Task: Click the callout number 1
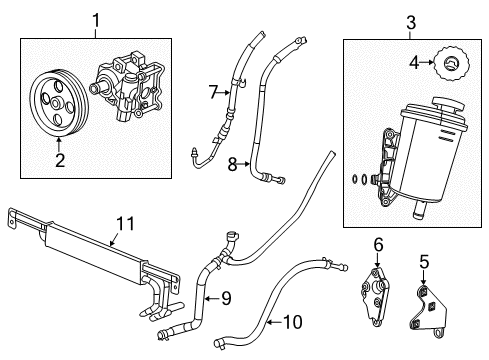[97, 18]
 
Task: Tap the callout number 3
[383, 22]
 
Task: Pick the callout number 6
[377, 245]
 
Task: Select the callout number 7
[211, 93]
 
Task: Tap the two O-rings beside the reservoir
[360, 181]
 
